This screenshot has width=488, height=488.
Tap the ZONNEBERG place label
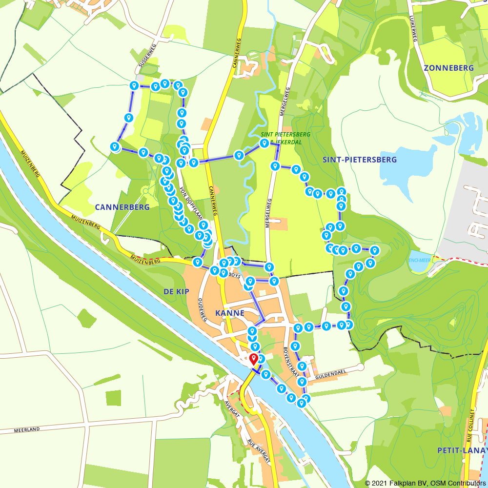click(x=448, y=68)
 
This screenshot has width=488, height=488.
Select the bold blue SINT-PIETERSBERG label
click(x=360, y=160)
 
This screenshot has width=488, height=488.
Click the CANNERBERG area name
click(x=122, y=207)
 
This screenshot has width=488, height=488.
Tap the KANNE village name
click(x=229, y=313)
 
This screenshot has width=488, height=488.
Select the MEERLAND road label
click(x=26, y=430)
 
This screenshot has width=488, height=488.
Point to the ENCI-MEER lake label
click(x=419, y=260)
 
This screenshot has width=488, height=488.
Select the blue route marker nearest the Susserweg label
click(x=133, y=86)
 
